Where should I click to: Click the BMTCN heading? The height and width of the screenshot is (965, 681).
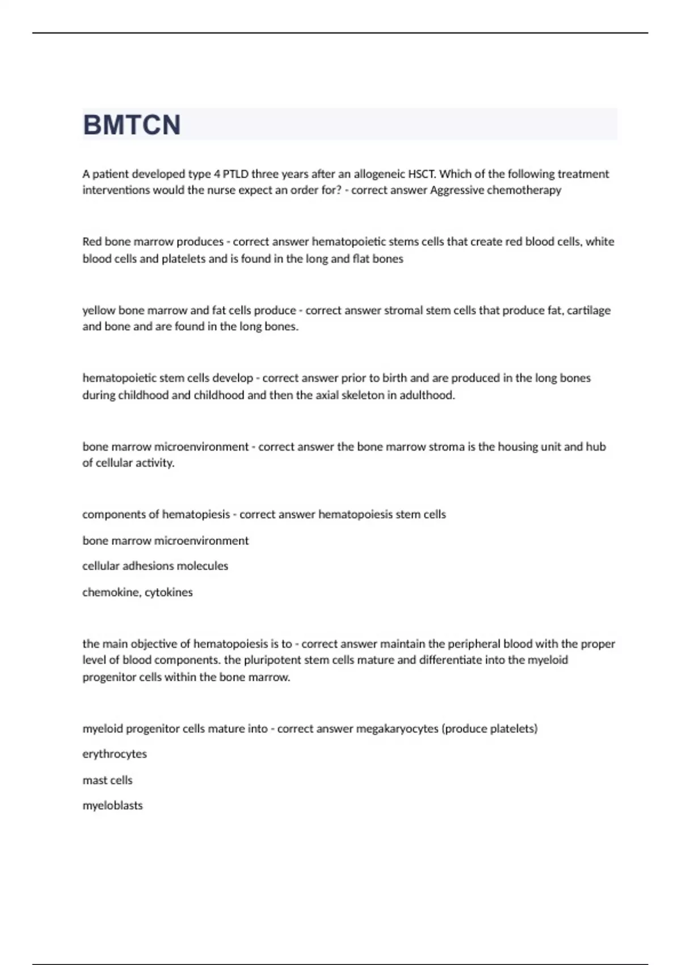(x=132, y=125)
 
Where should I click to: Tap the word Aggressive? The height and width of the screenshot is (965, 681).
(x=455, y=190)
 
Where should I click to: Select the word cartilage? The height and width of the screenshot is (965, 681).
(x=588, y=311)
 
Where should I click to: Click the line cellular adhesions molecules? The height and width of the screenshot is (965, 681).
(x=155, y=566)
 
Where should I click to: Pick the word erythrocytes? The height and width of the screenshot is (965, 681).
(x=115, y=754)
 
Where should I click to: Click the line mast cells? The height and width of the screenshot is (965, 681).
(x=107, y=780)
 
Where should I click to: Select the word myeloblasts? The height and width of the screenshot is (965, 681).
(x=112, y=805)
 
